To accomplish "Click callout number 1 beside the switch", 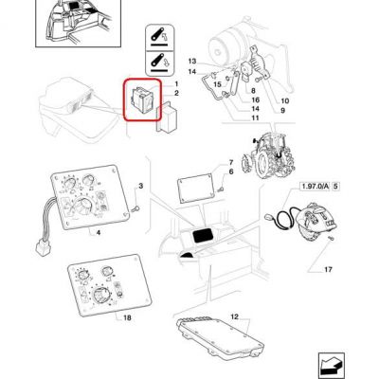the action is pyautogui.click(x=176, y=83).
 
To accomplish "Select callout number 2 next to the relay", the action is pyautogui.click(x=176, y=93).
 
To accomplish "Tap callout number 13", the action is pyautogui.click(x=192, y=62).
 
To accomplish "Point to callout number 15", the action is pyautogui.click(x=218, y=84).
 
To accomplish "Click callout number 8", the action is pyautogui.click(x=253, y=91).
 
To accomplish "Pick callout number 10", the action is pyautogui.click(x=285, y=101).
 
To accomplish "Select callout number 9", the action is pyautogui.click(x=282, y=110).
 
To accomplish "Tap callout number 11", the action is pyautogui.click(x=255, y=117).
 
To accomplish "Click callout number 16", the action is pyautogui.click(x=256, y=100).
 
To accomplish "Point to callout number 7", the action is pyautogui.click(x=231, y=163).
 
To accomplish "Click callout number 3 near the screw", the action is pyautogui.click(x=141, y=186).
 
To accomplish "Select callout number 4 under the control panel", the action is pyautogui.click(x=99, y=233).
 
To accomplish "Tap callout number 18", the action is pyautogui.click(x=127, y=317).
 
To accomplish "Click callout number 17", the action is pyautogui.click(x=329, y=269).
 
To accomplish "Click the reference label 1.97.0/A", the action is pyautogui.click(x=316, y=187).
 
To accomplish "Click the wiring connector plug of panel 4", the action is pyautogui.click(x=41, y=247).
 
